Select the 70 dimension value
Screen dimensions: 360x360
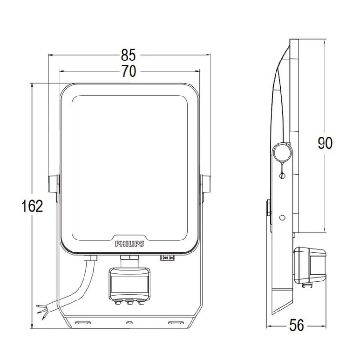pos(129,71)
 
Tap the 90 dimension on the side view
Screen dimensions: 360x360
pos(325,143)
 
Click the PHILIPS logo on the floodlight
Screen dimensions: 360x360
pos(129,244)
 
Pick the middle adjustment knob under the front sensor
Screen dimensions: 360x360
pos(129,302)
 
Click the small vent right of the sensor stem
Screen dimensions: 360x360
pos(166,258)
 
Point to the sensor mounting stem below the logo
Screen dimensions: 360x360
pos(129,261)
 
